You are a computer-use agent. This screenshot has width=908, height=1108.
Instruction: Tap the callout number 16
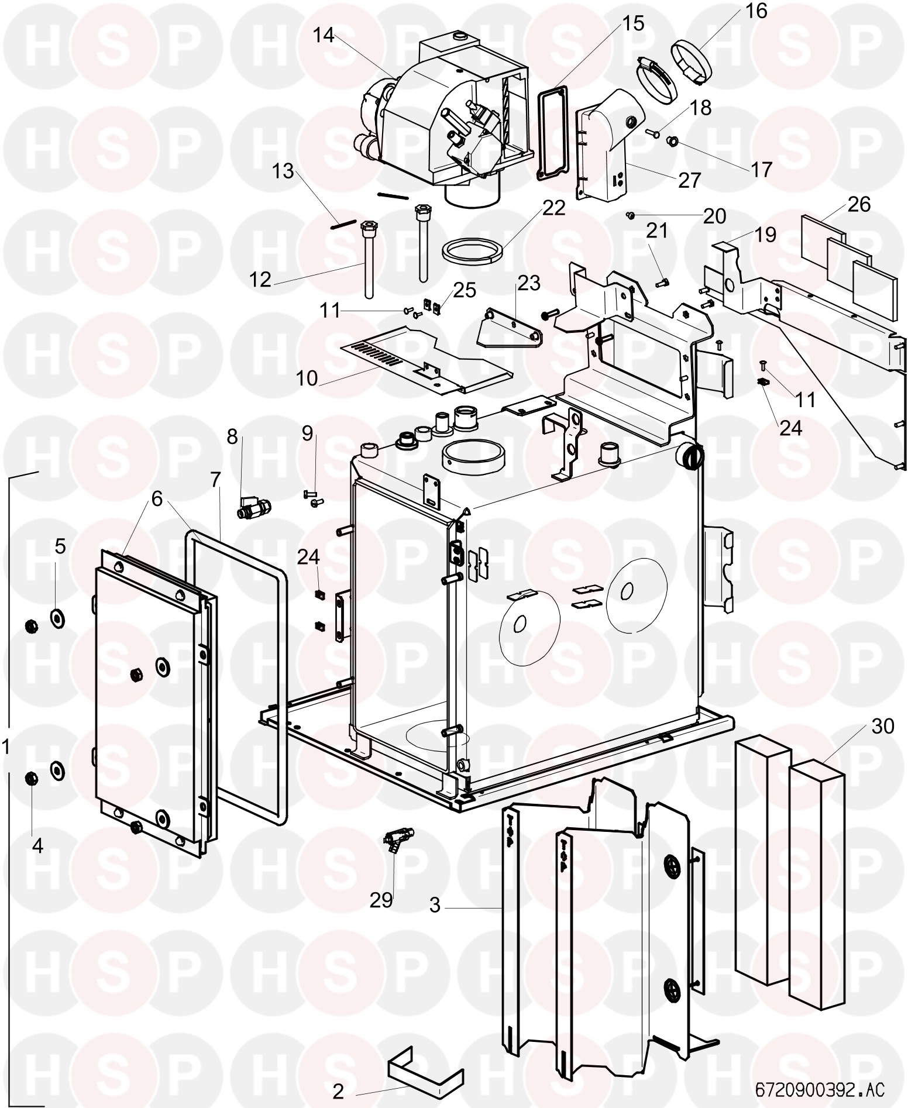pos(756,11)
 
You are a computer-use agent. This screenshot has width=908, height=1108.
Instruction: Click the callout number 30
pos(883,727)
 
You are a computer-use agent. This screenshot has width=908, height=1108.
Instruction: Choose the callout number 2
pos(338,1092)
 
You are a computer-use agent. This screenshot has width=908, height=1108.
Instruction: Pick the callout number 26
pos(859,205)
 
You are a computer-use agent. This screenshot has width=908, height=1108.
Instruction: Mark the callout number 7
pos(216,480)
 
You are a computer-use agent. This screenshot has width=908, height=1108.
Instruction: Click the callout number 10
pos(307,378)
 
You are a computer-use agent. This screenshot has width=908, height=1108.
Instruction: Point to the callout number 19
pos(765,235)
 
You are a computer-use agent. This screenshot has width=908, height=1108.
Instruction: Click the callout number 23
pos(529,283)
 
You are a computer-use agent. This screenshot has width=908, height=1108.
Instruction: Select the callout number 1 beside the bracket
pos(6,747)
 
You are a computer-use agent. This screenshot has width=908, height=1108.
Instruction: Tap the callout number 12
pos(260,280)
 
